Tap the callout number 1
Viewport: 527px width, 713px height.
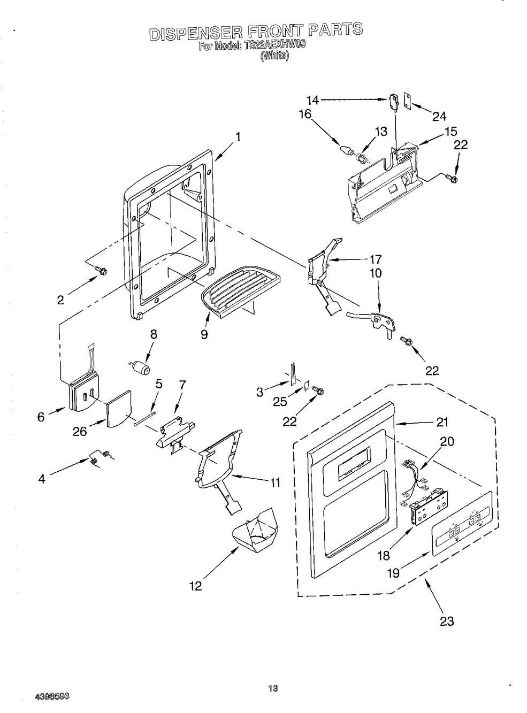click(x=238, y=137)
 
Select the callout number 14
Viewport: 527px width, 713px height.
click(x=312, y=101)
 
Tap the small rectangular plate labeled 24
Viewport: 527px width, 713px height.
click(x=407, y=102)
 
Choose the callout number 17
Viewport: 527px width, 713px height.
click(x=375, y=259)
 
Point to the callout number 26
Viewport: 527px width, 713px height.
click(x=80, y=431)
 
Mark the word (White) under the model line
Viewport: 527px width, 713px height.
click(x=274, y=56)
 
